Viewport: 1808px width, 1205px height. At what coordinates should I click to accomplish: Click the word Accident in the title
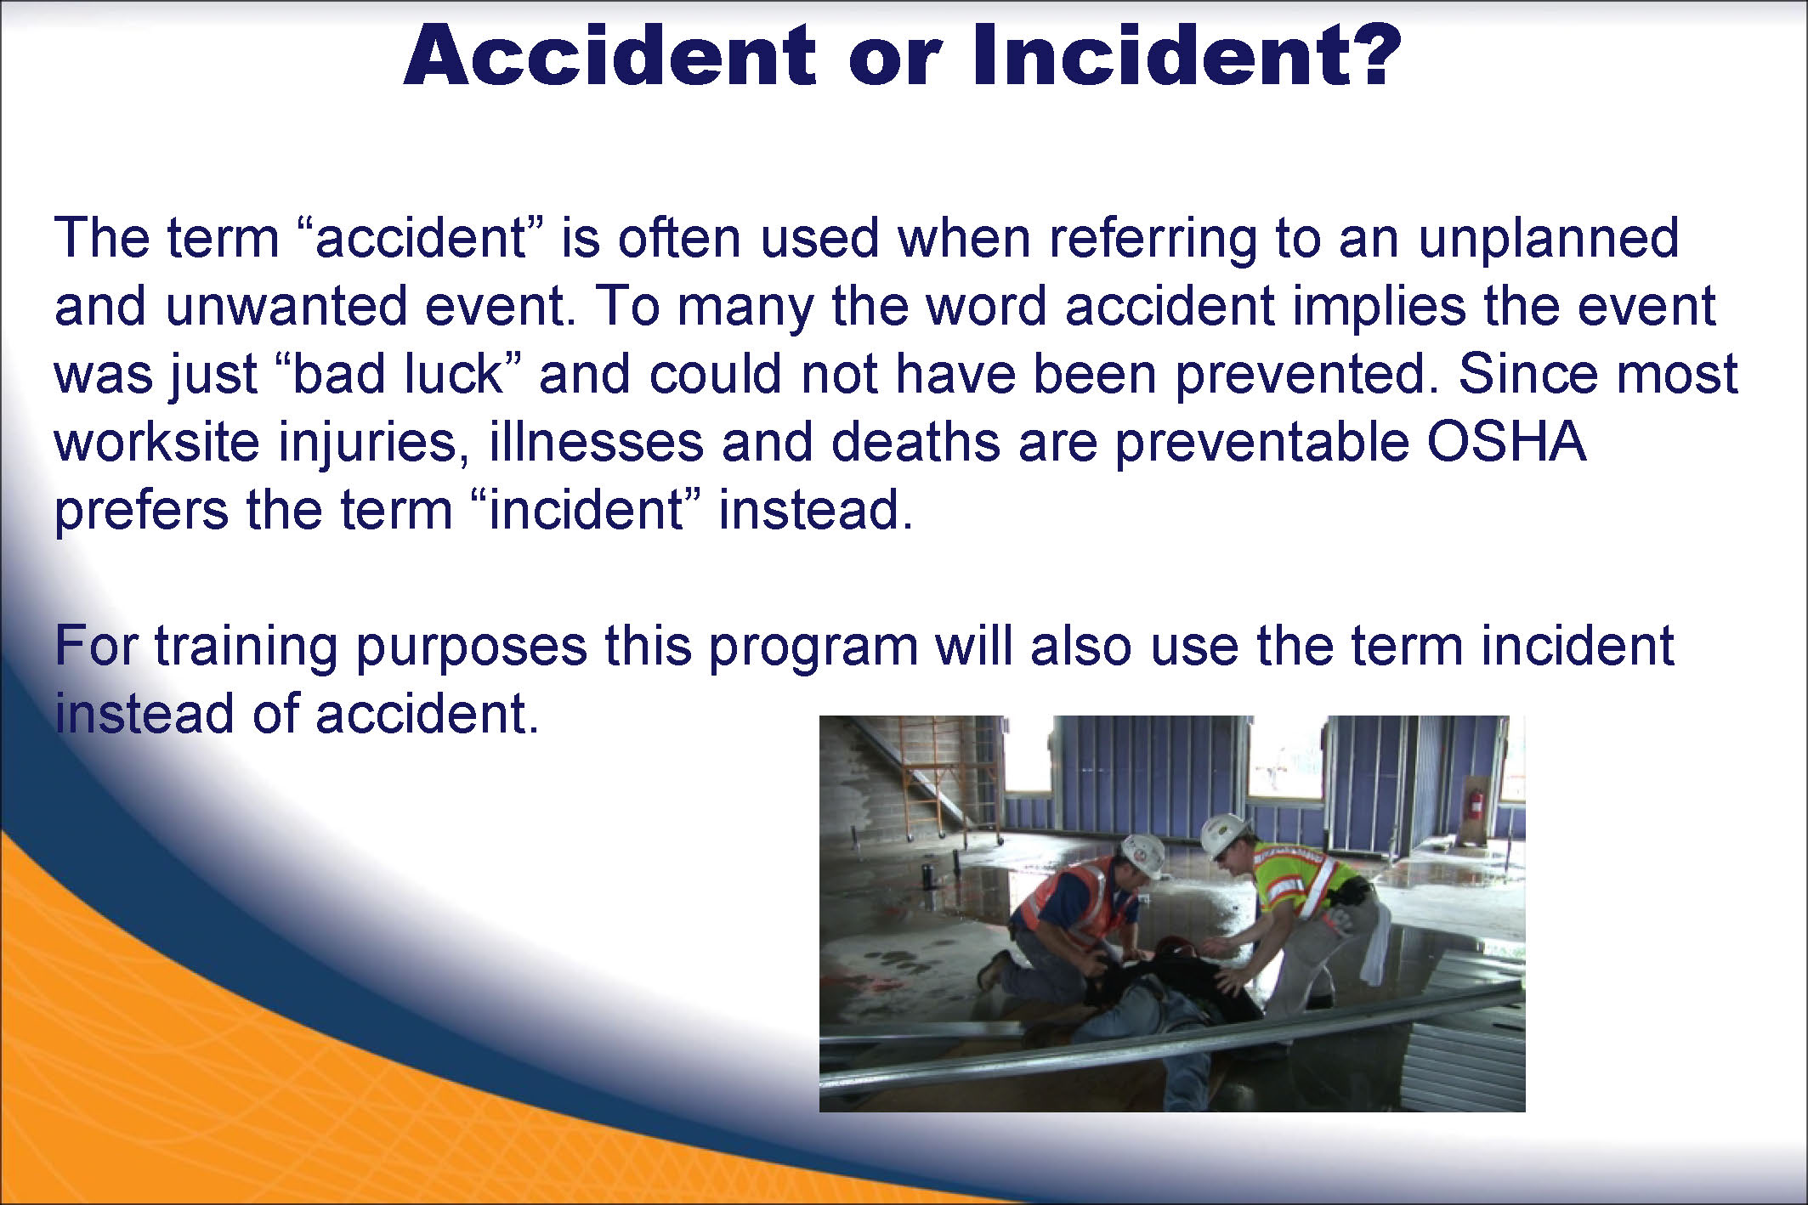pos(609,55)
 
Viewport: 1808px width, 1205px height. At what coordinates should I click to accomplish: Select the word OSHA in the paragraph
pos(1505,442)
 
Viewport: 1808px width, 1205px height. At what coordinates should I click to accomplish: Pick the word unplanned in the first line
pos(1548,240)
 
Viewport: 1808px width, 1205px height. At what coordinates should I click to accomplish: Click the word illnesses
pos(596,442)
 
